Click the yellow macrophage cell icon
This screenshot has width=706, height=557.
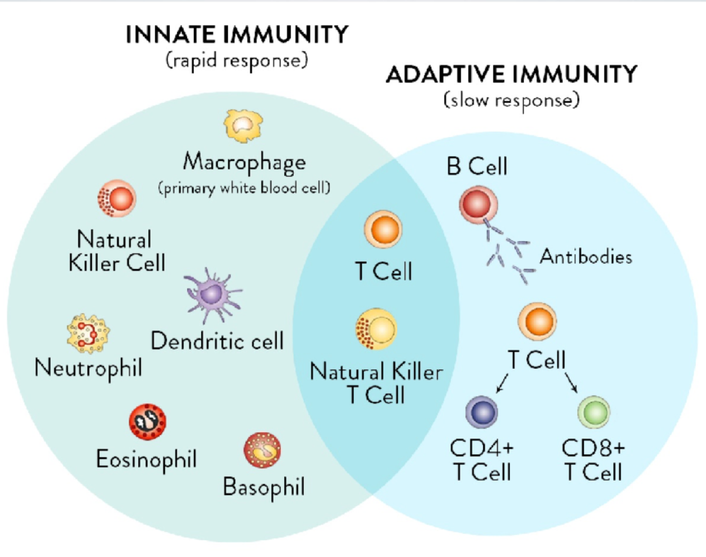(243, 125)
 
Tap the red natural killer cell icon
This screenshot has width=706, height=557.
(117, 198)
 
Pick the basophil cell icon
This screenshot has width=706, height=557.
(262, 450)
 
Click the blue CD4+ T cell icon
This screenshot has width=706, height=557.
(481, 412)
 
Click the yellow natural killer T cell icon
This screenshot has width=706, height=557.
(377, 329)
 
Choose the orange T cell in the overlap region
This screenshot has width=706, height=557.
(383, 229)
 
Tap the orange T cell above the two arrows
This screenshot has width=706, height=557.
(538, 321)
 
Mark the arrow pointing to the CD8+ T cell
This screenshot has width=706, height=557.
(571, 383)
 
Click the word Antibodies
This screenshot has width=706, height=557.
(586, 257)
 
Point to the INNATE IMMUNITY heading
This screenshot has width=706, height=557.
(237, 35)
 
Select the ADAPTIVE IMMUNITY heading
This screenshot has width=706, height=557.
(512, 74)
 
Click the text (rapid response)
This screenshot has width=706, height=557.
(237, 60)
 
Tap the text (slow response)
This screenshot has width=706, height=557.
(512, 100)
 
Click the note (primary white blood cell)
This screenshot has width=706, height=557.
(244, 188)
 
